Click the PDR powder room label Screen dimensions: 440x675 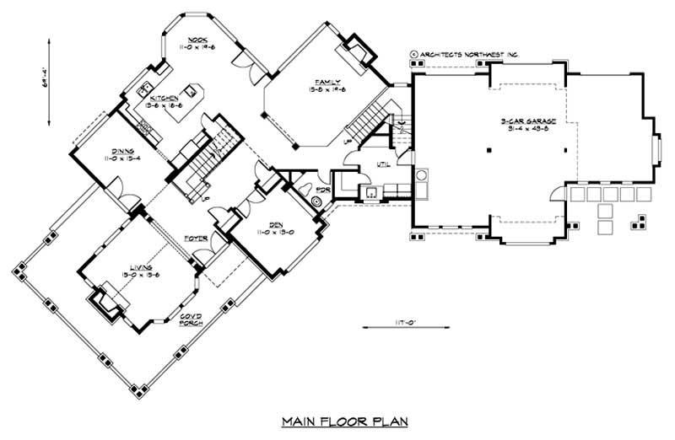(x=321, y=190)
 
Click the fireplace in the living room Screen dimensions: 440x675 (x=106, y=299)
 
